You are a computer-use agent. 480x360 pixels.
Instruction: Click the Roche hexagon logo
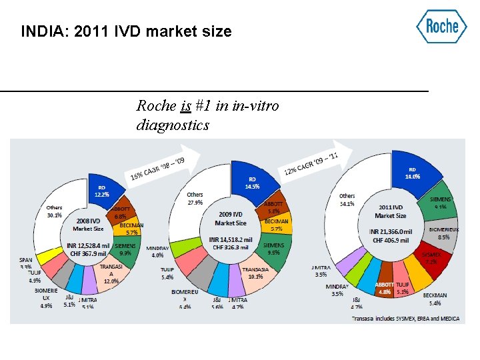click(441, 27)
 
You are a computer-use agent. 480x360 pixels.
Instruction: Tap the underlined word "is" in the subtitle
click(186, 105)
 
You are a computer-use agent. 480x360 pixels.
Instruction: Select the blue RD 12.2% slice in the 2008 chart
click(101, 191)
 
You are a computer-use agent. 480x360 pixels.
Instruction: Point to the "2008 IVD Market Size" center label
click(88, 223)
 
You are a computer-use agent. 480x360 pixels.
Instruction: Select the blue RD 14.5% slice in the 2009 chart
click(252, 180)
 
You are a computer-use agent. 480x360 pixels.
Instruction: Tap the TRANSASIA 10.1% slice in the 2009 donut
click(256, 275)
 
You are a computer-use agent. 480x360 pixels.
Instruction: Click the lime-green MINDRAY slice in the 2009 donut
click(180, 248)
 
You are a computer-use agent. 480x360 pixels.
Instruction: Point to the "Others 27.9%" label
click(195, 198)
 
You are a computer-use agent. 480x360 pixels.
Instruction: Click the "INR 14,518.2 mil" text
click(231, 239)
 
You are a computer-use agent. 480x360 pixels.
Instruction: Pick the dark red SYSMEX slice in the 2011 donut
click(430, 257)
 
